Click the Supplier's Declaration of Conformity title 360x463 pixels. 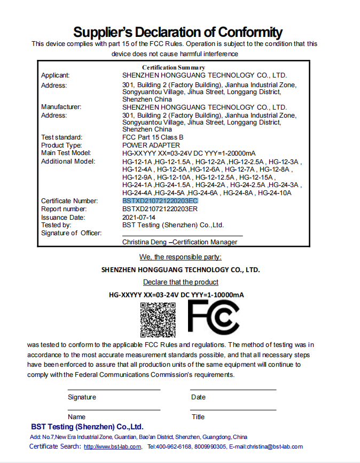178,32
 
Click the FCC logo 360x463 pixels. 213,318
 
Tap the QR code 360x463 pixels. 158,319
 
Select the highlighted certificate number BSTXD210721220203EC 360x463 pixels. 160,200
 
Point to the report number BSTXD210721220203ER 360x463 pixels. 160,209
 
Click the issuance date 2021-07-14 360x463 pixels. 138,218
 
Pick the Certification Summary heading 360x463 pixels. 174,67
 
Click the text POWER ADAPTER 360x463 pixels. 151,145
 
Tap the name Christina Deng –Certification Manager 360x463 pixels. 180,242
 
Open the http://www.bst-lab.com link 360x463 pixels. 112,447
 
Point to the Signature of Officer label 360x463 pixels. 71,233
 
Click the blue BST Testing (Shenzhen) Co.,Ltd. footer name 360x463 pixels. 87,427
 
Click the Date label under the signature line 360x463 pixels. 198,397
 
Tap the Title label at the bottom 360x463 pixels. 198,416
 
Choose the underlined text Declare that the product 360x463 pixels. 181,282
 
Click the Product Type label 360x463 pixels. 61,145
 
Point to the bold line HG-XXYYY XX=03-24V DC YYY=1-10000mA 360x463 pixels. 176,295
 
